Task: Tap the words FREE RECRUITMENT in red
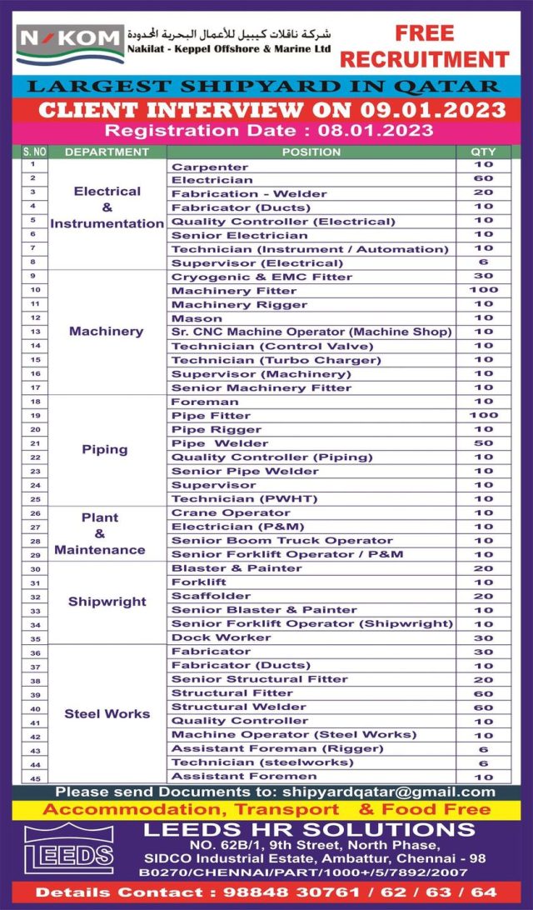coord(424,47)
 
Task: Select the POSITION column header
coord(311,152)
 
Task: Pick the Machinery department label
coord(106,332)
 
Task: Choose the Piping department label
coord(105,450)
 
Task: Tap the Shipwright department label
coord(107,602)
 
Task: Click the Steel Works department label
coord(107,714)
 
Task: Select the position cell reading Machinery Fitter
coord(234,291)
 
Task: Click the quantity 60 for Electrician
coord(483,180)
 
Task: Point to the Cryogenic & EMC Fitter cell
coord(262,277)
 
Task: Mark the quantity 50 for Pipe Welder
coord(483,443)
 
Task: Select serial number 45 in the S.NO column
coord(34,777)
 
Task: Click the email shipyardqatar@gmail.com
coord(388,792)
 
